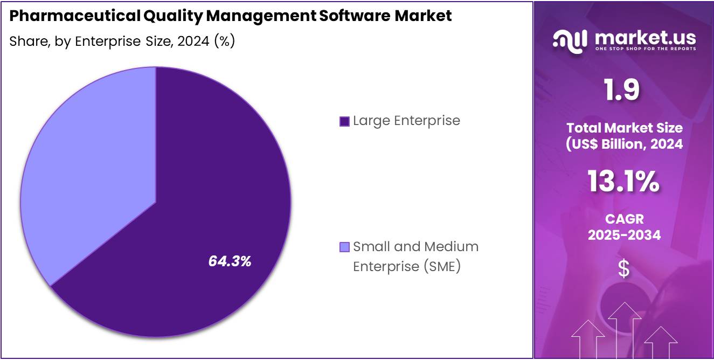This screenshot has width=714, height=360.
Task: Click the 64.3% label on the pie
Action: tap(230, 261)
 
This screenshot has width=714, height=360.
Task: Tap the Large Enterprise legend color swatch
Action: tap(344, 121)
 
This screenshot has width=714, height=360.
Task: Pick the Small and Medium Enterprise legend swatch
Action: tap(344, 247)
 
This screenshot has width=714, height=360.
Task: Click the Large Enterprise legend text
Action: tap(406, 121)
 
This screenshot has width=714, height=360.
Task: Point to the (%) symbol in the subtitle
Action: tap(224, 41)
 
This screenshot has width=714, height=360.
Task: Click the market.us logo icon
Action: tap(570, 41)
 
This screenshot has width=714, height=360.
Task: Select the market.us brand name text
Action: tap(645, 38)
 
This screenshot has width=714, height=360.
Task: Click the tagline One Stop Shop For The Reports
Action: tap(645, 49)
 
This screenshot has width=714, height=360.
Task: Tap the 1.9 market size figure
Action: tap(621, 90)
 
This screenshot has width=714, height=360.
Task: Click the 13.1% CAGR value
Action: tap(623, 182)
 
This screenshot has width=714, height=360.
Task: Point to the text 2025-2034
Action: tap(624, 235)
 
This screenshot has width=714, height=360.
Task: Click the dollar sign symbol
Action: tap(623, 268)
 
